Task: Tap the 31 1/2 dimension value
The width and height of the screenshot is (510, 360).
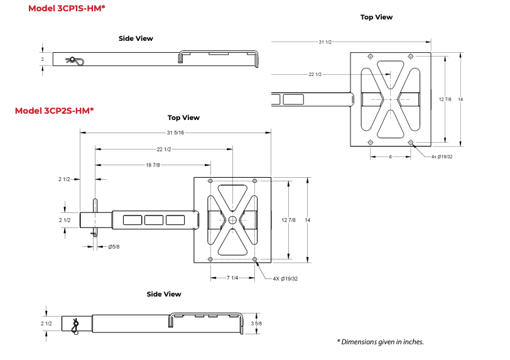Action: coord(325,42)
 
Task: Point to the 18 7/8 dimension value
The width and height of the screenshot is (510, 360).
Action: coord(151,165)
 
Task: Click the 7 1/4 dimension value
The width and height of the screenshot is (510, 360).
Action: coord(233,277)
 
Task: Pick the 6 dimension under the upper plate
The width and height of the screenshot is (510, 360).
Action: coord(389,156)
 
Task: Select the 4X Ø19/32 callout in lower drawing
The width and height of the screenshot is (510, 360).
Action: coord(285,278)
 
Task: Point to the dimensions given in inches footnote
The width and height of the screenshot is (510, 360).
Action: coord(380,342)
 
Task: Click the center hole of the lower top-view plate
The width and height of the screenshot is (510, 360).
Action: coord(232,219)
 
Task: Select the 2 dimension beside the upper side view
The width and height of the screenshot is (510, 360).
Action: coord(43,58)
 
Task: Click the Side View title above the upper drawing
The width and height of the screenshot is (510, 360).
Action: coord(136,38)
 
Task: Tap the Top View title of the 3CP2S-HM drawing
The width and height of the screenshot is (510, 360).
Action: coord(183,117)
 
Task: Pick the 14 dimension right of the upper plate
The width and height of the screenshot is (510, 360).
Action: coord(460,99)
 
